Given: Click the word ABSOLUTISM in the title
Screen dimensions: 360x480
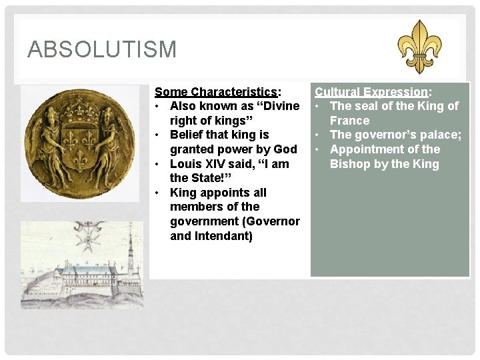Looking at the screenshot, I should pos(102,49).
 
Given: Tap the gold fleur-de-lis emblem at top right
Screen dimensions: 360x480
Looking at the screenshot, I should pos(419,46).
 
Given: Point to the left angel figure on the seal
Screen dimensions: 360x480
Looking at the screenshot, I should pos(45,141).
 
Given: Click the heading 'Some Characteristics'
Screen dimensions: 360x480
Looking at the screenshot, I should pos(215,92).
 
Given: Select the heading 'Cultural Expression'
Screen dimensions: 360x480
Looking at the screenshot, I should pos(371,92).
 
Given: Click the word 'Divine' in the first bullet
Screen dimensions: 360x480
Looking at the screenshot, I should pos(279,106).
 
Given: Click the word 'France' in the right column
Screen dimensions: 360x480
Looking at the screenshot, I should pos(349,121).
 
